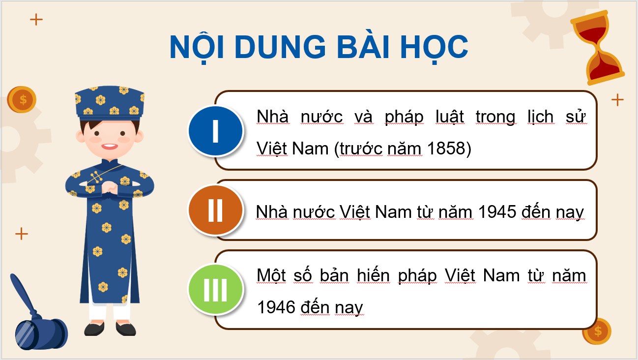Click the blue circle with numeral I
(x=215, y=131)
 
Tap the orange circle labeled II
(x=215, y=210)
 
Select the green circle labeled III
(x=215, y=290)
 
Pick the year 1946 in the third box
(x=276, y=307)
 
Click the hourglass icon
(x=598, y=49)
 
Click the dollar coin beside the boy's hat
(x=23, y=100)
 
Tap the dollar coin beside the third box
(x=597, y=331)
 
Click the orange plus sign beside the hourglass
(x=617, y=100)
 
